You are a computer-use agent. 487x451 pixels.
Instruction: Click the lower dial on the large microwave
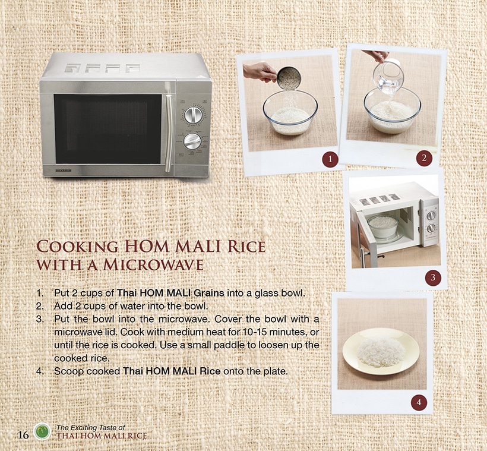pos(192,142)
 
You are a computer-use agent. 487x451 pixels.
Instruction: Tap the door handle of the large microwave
pos(168,133)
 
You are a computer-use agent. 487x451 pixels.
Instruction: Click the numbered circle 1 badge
pos(330,159)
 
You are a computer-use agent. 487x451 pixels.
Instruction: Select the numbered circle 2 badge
pos(424,158)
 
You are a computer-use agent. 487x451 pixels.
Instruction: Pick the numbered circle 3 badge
pos(433,277)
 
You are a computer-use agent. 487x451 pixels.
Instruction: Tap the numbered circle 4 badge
pos(419,402)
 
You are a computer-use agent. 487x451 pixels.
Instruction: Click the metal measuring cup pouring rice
pos(289,78)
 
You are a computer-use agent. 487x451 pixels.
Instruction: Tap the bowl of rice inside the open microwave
pos(383,226)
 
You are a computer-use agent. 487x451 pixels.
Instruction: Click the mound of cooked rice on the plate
pos(381,352)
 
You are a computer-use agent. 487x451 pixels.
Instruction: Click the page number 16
pos(23,434)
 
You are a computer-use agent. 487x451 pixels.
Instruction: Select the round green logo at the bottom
pos(42,431)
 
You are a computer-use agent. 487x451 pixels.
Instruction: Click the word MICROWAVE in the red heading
pos(153,265)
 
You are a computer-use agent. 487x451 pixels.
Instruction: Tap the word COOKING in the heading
pos(78,247)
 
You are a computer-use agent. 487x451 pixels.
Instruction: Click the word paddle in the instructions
pos(227,345)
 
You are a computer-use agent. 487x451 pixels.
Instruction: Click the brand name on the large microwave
pos(64,171)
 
